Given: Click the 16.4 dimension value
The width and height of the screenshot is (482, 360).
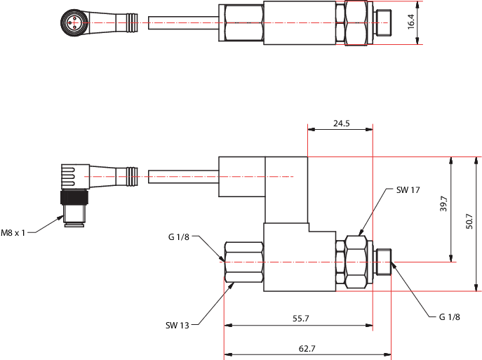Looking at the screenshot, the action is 411,22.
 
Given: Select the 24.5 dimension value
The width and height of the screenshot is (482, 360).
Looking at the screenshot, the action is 342,124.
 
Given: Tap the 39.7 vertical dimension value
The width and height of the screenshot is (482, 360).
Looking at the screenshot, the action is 443,204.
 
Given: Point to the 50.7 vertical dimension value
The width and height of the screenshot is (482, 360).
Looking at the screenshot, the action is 469,221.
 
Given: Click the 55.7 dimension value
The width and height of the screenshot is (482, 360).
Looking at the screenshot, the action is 300,318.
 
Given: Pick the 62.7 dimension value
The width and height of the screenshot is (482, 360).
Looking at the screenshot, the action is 307,348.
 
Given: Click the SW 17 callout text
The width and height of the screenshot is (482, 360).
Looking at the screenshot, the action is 408,190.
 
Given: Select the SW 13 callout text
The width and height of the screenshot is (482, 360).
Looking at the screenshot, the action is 178,325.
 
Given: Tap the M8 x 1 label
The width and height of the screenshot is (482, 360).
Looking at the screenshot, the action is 13,233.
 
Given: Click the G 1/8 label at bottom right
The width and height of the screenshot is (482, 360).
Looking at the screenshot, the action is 450,316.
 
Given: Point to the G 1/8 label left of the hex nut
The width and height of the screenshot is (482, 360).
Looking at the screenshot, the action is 179,236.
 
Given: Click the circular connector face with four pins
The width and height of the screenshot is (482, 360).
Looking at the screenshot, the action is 73,22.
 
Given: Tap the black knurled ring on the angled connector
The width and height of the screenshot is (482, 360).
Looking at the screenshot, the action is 74,197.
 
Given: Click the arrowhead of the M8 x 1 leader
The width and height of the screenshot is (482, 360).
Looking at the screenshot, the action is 61,218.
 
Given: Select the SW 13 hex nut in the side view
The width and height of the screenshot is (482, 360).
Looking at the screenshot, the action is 244,262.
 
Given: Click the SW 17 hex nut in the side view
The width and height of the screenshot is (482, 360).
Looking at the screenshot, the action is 356,262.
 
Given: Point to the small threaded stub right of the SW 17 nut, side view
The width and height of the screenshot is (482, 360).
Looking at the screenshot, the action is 383,262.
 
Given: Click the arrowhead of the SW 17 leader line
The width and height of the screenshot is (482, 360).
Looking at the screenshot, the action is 361,233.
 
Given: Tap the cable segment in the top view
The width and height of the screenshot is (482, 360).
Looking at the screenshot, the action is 184,22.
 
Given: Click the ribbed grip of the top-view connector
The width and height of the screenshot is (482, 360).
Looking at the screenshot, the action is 132,22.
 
